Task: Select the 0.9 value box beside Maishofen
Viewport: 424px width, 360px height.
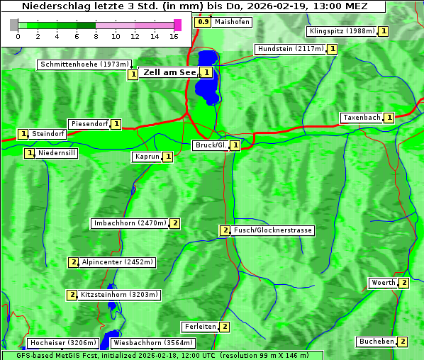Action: coord(203,22)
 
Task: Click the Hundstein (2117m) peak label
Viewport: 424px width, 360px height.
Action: coord(290,49)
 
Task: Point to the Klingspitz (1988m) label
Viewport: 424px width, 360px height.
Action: coord(342,31)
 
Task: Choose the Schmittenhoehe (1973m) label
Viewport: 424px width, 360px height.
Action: coord(84,64)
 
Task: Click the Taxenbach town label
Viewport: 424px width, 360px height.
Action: coord(362,118)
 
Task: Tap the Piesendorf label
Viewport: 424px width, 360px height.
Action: coord(89,124)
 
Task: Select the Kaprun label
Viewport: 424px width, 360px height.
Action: coord(147,157)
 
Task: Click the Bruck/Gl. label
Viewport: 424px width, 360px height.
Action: coord(211,145)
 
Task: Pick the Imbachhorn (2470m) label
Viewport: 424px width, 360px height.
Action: coord(130,223)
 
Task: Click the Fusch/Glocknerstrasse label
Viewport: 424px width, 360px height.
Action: coord(273,230)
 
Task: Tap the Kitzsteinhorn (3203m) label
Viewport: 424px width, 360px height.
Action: coord(120,294)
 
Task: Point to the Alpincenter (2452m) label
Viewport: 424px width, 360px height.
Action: coord(117,262)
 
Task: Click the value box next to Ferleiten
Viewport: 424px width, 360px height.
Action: coord(225,327)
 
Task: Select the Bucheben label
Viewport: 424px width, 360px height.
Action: coord(376,342)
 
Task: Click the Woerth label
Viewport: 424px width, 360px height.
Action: coord(383,283)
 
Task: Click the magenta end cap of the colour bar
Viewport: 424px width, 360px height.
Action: coord(177,25)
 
